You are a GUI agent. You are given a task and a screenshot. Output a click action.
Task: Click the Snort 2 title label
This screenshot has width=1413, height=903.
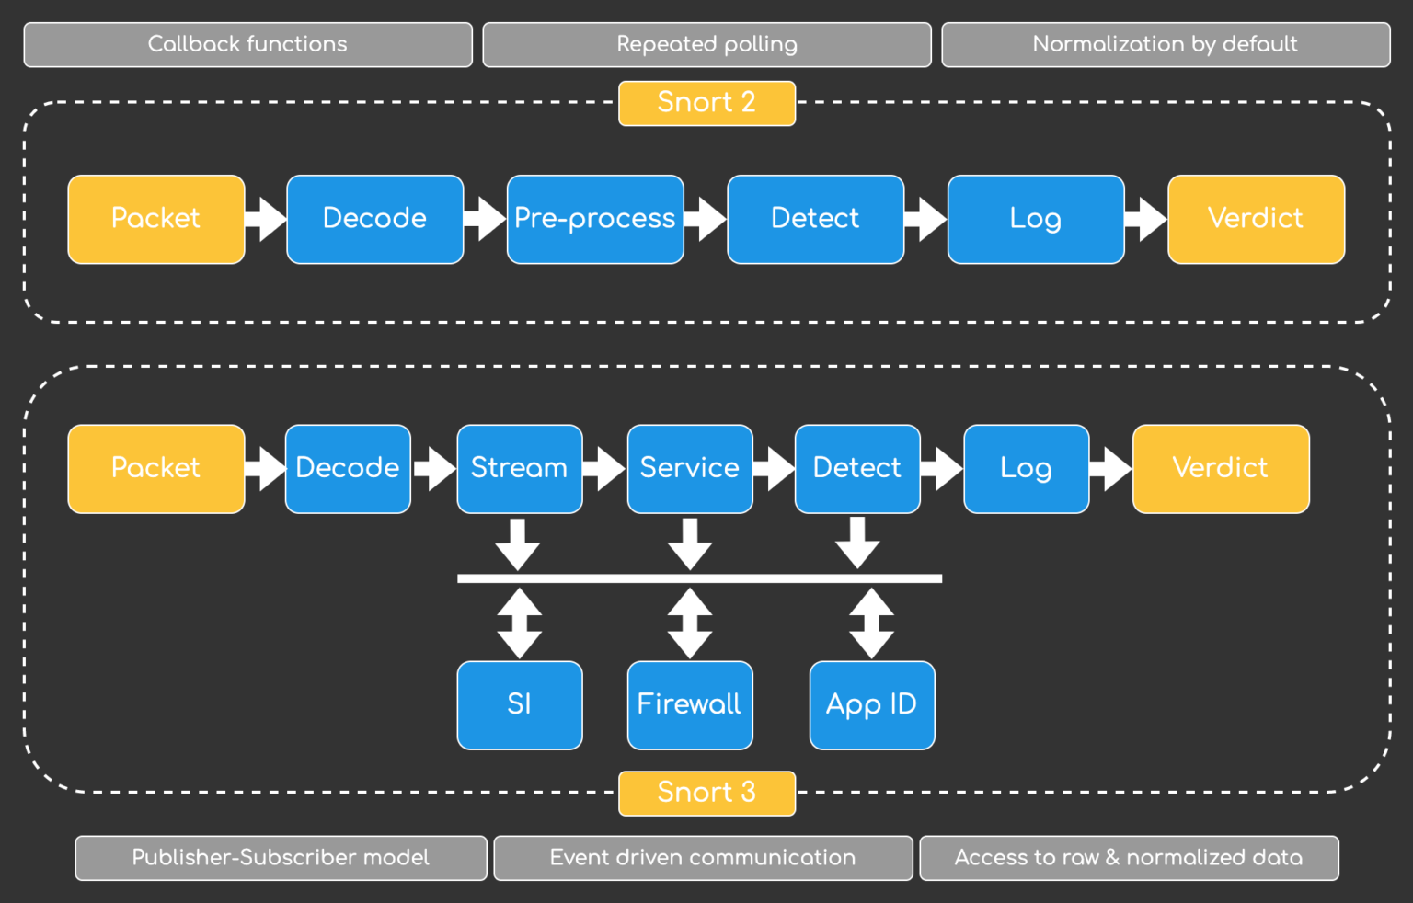[706, 103]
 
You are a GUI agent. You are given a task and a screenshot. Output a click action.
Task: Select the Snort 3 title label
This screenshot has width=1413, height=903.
[706, 793]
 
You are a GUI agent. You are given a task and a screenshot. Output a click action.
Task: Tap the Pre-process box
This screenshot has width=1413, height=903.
[595, 219]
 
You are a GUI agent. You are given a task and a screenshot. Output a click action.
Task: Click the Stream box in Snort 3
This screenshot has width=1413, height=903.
[519, 468]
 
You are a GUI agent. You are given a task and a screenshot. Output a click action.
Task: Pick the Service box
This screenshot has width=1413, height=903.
[689, 468]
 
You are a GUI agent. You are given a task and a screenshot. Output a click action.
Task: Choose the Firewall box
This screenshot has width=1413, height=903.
[689, 704]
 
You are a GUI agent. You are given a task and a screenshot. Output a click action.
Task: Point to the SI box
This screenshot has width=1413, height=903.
[519, 704]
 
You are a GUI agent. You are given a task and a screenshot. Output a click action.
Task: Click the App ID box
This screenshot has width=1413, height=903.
[871, 704]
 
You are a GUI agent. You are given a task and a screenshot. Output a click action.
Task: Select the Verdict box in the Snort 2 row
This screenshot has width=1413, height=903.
[1256, 219]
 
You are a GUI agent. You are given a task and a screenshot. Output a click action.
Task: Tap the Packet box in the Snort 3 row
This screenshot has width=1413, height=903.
[155, 468]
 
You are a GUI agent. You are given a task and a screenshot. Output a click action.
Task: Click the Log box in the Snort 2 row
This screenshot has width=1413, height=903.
[1035, 219]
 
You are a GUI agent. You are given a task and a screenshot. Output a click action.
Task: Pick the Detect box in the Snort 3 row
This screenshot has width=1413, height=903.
[856, 468]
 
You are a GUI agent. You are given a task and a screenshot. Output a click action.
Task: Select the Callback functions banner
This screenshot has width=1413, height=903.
[247, 44]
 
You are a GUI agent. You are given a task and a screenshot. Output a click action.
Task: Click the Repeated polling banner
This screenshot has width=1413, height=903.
[706, 44]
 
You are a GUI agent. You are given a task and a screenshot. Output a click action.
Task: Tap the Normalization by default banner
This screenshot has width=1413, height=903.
[1165, 44]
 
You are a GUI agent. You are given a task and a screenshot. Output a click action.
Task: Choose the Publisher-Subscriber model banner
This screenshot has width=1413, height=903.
[281, 857]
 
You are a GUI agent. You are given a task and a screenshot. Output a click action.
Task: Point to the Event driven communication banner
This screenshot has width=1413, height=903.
[703, 857]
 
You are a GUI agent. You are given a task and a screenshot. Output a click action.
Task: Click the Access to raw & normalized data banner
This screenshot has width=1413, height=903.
[1129, 857]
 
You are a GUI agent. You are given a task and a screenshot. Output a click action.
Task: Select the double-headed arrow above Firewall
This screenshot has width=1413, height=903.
[689, 623]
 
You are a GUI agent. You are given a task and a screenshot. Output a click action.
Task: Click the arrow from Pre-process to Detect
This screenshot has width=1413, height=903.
[706, 219]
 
